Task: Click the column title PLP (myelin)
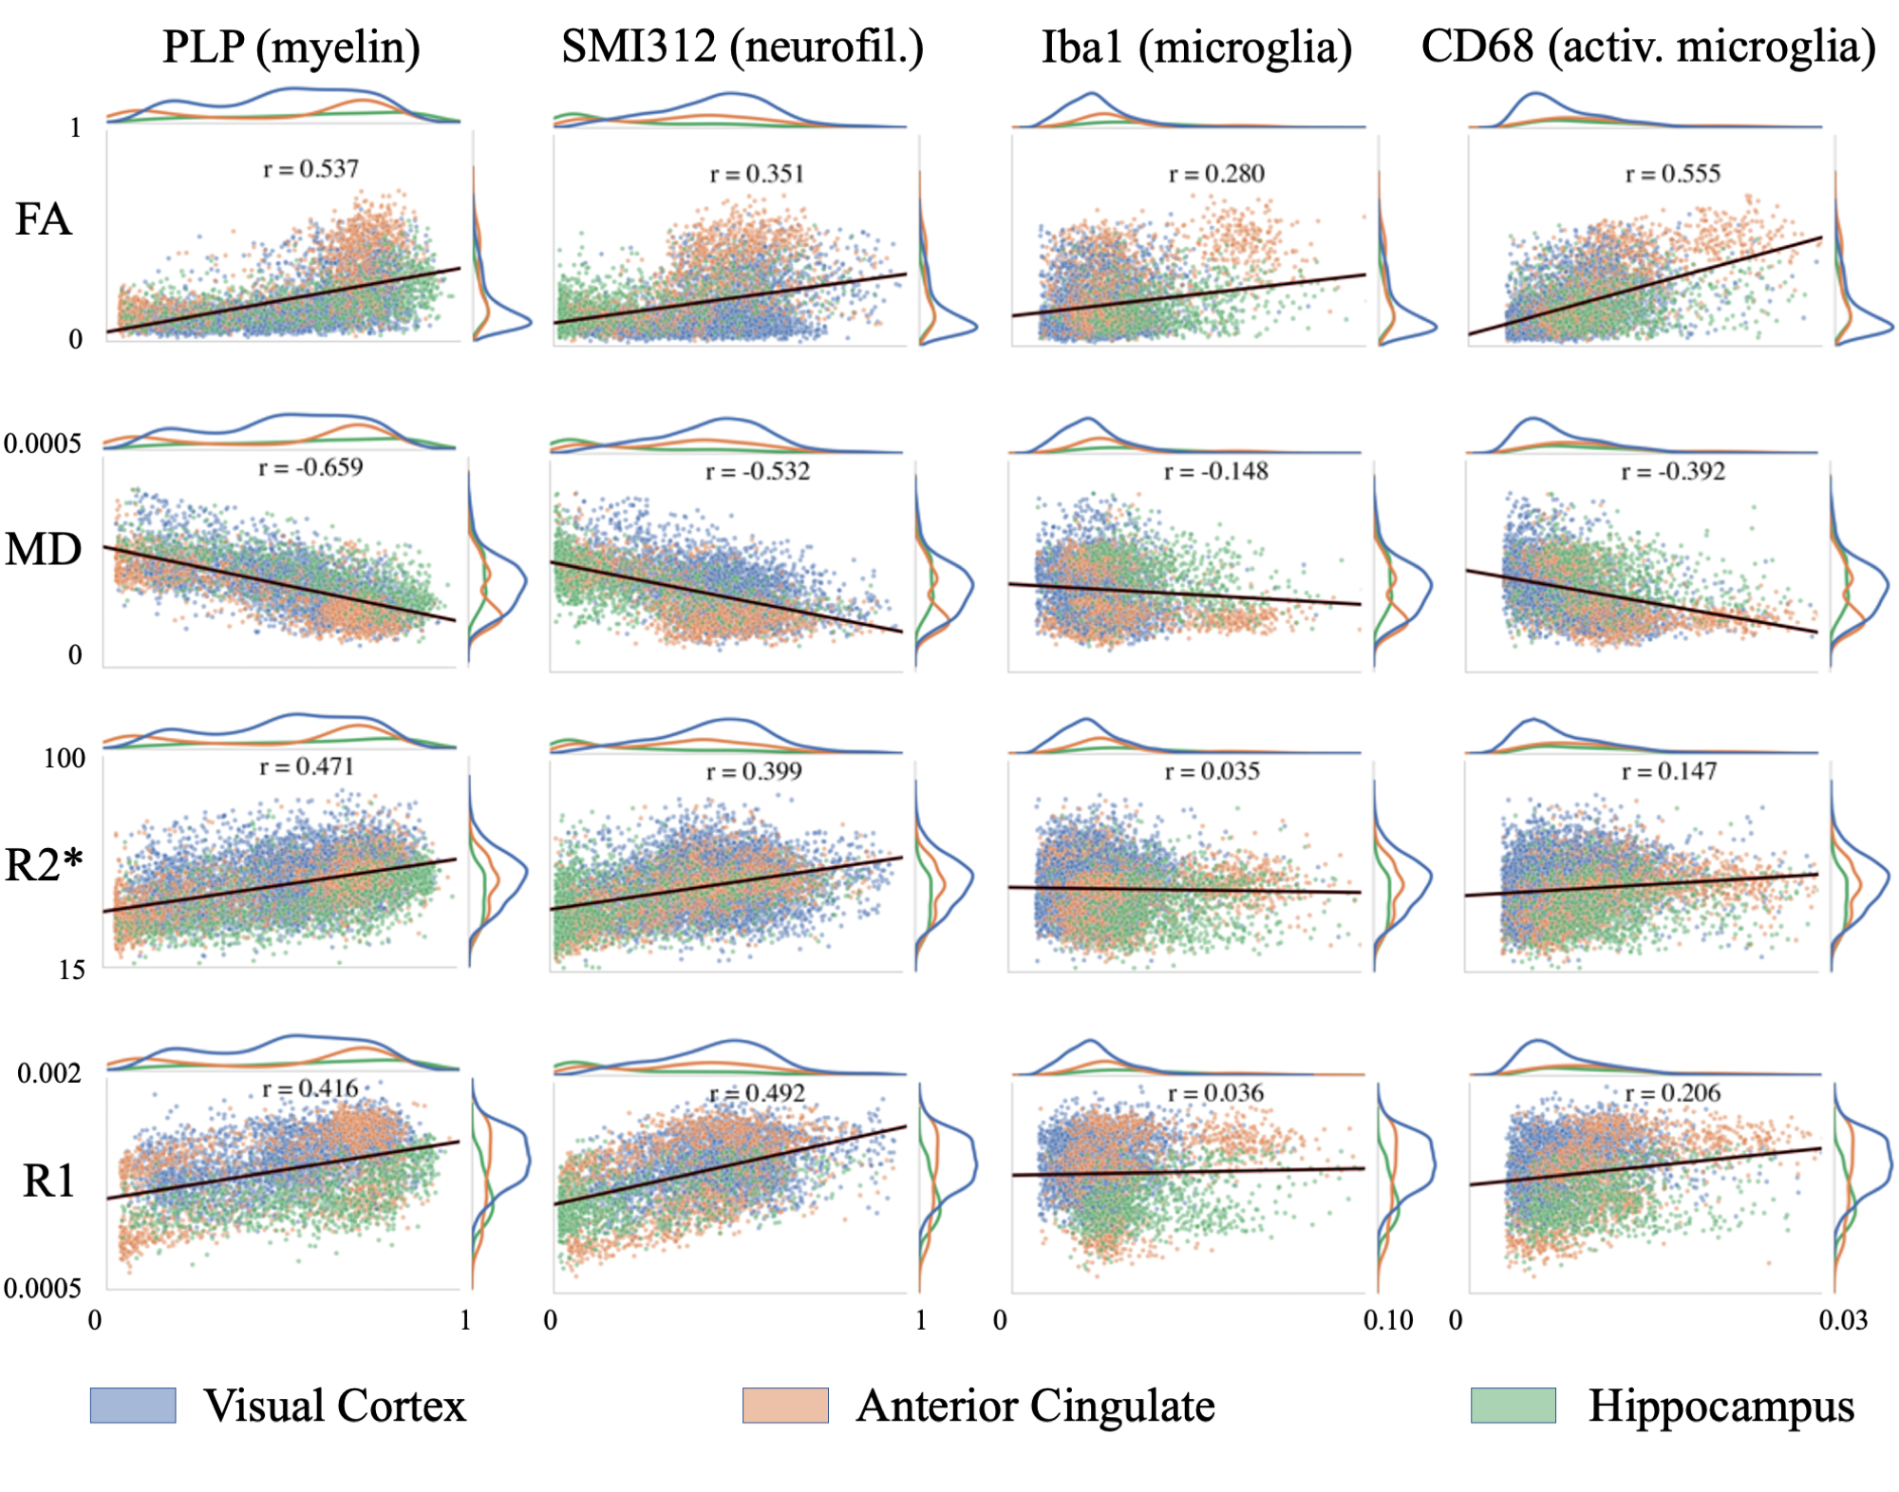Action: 291,47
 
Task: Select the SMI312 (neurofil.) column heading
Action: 743,47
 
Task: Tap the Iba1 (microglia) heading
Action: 1196,47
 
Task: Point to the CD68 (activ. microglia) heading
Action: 1648,47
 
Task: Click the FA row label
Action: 44,220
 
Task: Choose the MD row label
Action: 44,550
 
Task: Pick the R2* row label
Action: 44,865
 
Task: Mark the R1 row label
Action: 48,1181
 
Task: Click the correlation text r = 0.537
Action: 310,169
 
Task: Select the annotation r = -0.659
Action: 310,467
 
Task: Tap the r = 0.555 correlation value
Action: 1673,174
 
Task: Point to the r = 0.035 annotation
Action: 1213,771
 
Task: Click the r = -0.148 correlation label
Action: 1216,471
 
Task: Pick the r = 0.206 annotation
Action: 1673,1093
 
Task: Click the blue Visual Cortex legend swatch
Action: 133,1406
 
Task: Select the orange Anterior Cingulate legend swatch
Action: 785,1406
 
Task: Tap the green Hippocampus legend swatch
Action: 1514,1406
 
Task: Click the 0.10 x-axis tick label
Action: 1388,1320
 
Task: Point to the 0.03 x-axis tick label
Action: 1843,1320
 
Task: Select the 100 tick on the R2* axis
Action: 65,758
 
